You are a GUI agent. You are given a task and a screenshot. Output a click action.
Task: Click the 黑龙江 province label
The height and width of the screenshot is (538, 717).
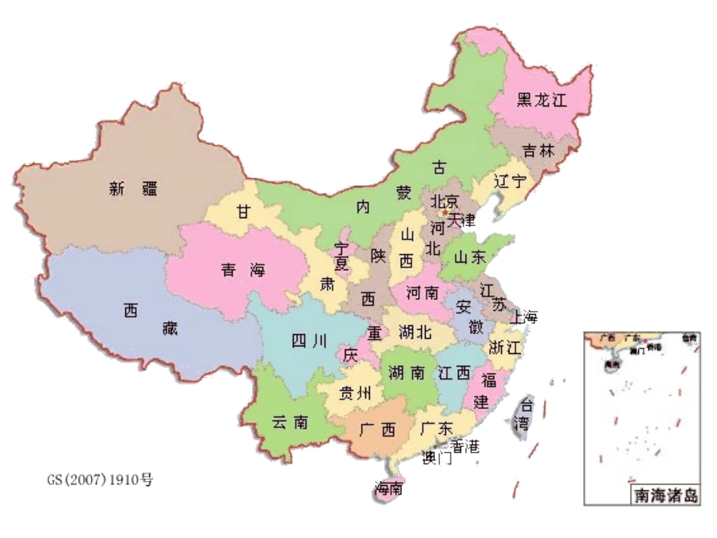pyautogui.click(x=541, y=100)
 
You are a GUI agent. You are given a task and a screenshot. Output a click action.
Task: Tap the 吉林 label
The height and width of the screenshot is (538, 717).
pyautogui.click(x=538, y=151)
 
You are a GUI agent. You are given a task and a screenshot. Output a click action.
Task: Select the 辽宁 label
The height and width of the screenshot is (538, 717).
pyautogui.click(x=509, y=182)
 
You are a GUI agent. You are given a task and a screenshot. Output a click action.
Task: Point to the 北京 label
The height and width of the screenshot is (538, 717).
pyautogui.click(x=445, y=202)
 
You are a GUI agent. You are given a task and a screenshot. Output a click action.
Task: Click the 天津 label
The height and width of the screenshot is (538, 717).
pyautogui.click(x=461, y=221)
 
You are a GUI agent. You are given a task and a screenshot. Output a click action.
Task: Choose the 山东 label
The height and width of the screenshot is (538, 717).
pyautogui.click(x=469, y=257)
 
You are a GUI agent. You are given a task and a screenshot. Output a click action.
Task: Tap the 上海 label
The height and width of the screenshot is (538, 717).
pyautogui.click(x=524, y=317)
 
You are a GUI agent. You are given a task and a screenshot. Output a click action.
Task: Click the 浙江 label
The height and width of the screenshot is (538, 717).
pyautogui.click(x=505, y=348)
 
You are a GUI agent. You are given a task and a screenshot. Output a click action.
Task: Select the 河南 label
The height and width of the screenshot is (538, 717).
pyautogui.click(x=423, y=293)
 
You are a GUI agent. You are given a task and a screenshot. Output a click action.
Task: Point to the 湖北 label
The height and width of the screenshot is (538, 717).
pyautogui.click(x=415, y=332)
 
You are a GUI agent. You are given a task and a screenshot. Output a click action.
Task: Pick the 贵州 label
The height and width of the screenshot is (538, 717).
pyautogui.click(x=355, y=393)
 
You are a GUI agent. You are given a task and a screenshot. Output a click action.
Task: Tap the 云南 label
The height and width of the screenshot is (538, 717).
pyautogui.click(x=290, y=423)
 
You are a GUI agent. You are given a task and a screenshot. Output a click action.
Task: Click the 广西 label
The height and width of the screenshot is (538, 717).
pyautogui.click(x=377, y=431)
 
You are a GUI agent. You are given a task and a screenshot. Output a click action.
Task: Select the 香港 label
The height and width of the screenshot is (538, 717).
pyautogui.click(x=463, y=446)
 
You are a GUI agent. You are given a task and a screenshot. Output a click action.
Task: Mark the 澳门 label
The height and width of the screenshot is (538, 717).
pyautogui.click(x=438, y=458)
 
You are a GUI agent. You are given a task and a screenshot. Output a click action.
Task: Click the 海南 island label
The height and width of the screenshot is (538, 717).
pyautogui.click(x=389, y=489)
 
